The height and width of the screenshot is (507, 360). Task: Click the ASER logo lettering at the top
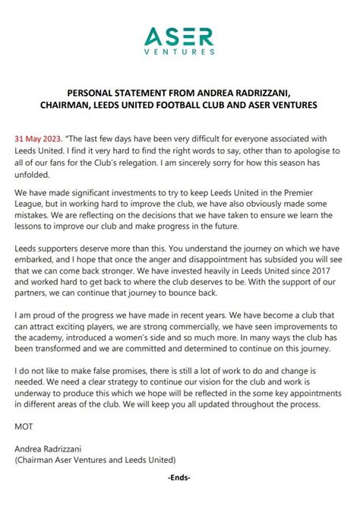point(180,36)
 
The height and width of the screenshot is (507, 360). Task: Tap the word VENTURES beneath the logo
point(180,53)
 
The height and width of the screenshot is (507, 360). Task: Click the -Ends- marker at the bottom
point(179,500)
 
